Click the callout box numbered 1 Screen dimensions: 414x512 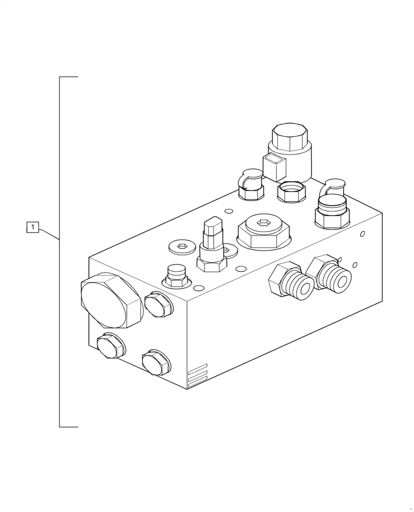(32, 227)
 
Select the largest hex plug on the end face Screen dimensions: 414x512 (111, 301)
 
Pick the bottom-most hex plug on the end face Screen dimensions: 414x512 (156, 362)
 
